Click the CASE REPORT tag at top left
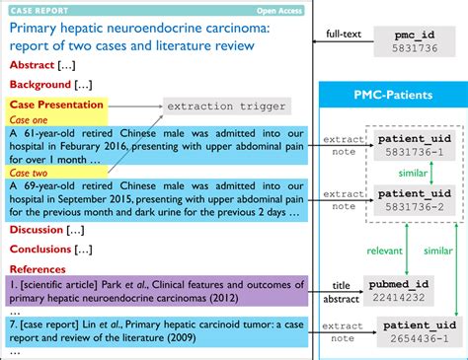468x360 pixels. [x=35, y=8]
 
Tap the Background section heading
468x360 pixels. [x=38, y=85]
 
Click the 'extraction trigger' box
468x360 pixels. [x=226, y=106]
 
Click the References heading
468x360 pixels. [x=38, y=268]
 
